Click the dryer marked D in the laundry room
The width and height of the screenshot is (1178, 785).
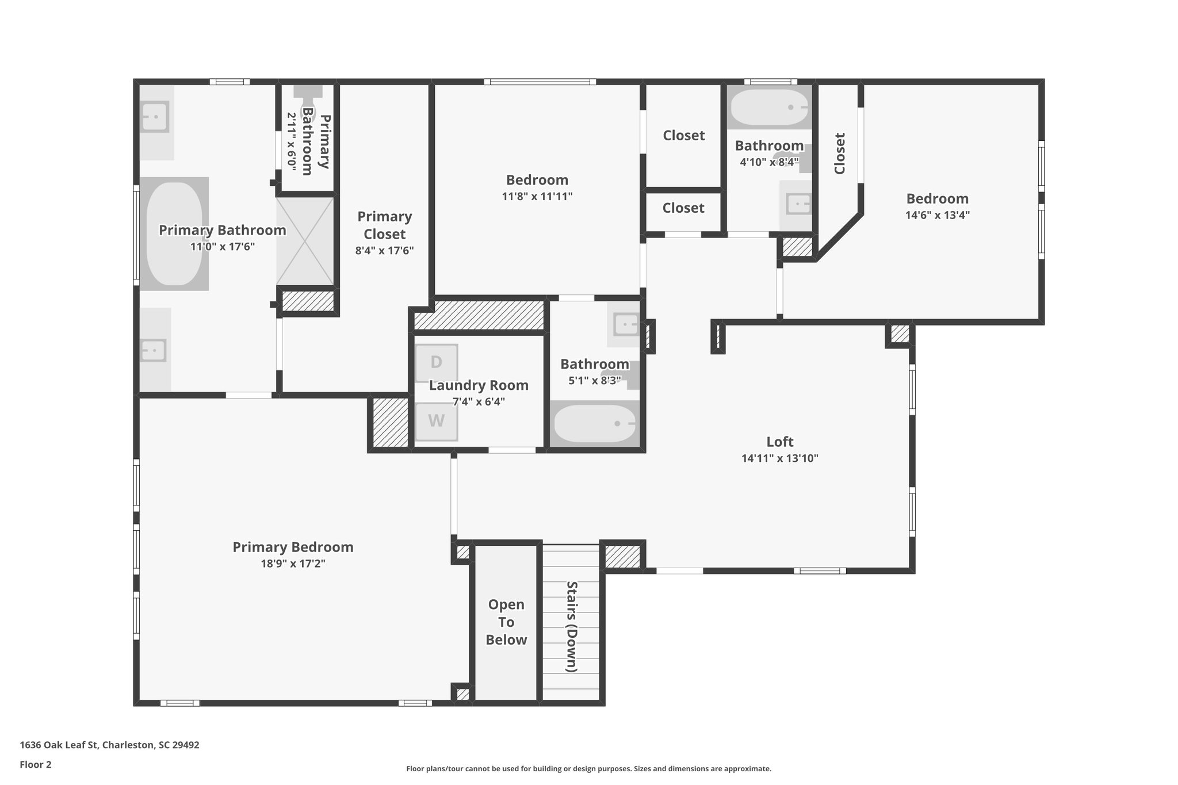436,363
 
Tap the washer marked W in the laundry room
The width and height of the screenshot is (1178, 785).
436,422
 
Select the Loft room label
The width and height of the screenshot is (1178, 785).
779,442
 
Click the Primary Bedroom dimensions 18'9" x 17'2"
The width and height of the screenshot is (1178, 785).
293,564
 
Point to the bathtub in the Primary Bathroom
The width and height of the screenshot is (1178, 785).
174,233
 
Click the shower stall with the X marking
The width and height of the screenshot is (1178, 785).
305,241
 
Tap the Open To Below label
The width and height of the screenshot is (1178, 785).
506,622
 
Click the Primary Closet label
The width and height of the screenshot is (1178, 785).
384,225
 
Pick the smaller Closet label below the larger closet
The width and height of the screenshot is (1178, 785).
683,208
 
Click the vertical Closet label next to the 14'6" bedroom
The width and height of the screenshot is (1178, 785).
839,154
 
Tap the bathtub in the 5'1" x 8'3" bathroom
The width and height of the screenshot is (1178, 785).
594,424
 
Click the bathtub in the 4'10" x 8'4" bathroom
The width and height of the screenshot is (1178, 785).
768,108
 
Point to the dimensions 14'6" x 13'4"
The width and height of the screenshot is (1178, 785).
937,215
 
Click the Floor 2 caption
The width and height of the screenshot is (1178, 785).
36,764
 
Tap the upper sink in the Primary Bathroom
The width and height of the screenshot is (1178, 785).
155,117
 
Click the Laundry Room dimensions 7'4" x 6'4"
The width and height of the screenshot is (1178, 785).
479,401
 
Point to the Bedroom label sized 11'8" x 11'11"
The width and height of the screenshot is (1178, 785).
537,180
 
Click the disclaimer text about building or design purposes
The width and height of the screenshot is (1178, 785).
588,768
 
